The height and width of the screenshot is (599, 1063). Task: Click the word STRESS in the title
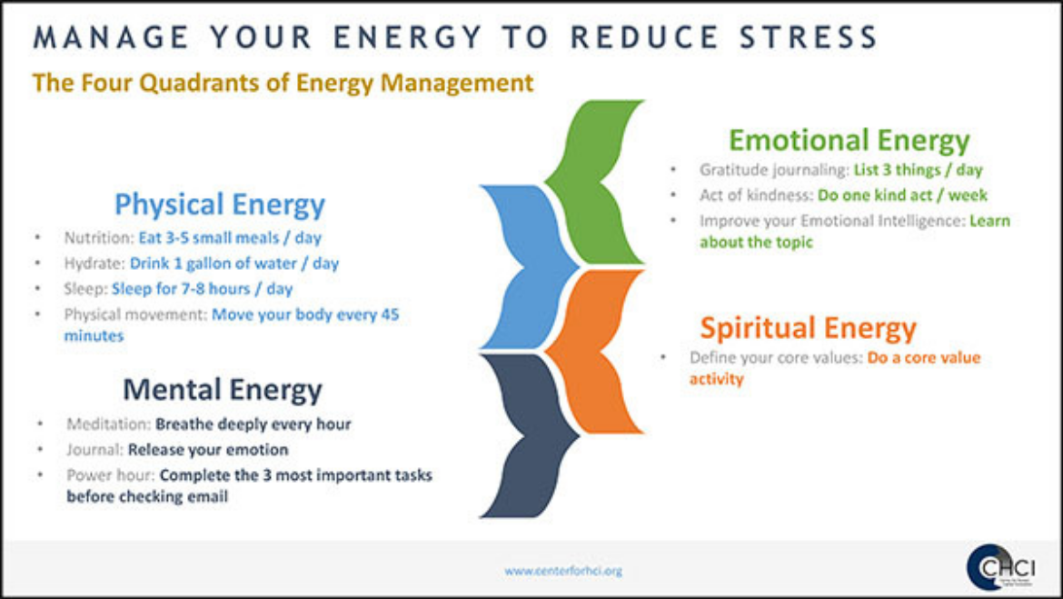(809, 36)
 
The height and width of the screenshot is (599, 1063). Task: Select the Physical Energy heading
(220, 205)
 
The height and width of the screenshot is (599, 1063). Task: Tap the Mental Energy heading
(223, 389)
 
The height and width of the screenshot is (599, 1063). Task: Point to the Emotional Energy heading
(849, 140)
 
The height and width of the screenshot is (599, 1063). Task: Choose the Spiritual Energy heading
(808, 327)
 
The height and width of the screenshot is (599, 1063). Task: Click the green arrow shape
(594, 182)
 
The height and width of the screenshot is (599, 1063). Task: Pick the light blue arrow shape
(529, 266)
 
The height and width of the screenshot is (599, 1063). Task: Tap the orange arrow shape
(594, 352)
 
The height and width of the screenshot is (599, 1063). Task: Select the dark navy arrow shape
(529, 435)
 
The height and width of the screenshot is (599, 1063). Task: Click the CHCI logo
(1000, 567)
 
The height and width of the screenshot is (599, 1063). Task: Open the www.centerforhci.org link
(562, 571)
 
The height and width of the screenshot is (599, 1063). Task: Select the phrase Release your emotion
(208, 450)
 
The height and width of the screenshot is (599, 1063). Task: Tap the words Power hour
(111, 475)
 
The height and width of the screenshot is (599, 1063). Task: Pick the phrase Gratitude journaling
(774, 170)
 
